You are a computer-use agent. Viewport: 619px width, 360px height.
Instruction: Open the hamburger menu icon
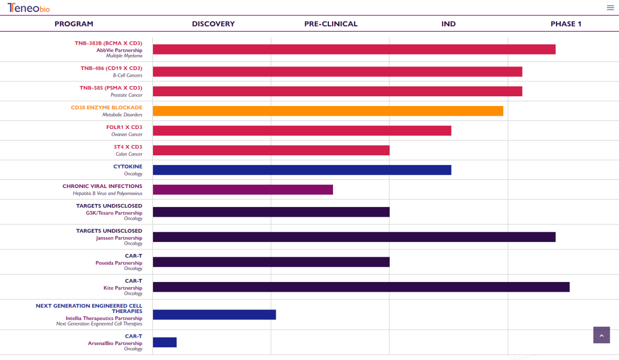point(610,7)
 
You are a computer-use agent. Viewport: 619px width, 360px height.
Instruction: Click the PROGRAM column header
point(74,24)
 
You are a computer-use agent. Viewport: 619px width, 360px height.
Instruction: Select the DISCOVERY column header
point(213,24)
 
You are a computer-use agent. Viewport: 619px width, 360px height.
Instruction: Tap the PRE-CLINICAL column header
point(331,24)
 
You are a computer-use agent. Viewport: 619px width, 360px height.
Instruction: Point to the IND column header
point(449,24)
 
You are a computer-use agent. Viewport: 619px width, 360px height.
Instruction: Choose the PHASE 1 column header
point(566,24)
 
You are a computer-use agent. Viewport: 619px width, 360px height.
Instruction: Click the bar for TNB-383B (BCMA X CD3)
point(354,49)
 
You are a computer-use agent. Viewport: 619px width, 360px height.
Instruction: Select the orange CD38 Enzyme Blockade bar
point(328,111)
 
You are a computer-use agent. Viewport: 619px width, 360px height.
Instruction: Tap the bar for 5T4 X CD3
point(271,150)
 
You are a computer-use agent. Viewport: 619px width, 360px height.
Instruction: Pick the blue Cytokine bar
point(302,170)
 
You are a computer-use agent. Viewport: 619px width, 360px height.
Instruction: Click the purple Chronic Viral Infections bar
point(243,190)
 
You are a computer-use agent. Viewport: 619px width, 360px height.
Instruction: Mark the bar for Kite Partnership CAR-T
point(361,287)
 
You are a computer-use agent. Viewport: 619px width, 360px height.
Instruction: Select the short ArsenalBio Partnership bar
point(164,342)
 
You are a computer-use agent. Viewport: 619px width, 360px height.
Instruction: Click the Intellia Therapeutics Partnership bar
point(214,315)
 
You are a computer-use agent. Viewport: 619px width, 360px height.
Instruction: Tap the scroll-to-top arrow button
point(601,335)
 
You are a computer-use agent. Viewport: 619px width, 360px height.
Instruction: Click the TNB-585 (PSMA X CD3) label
point(111,88)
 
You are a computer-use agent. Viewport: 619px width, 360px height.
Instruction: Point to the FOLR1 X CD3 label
point(124,127)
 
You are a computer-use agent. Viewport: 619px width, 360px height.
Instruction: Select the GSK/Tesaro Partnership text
point(114,213)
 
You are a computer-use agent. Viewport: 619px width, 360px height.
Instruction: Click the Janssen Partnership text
point(119,238)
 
